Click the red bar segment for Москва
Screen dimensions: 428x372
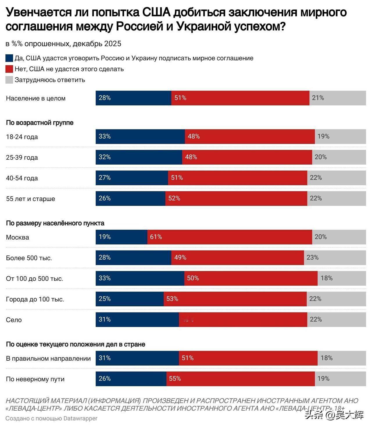pos(230,237)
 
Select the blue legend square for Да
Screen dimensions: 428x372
pos(9,58)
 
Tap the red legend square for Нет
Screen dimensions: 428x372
pos(9,69)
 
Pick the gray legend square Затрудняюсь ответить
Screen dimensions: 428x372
pos(9,80)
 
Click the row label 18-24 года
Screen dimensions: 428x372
pos(22,137)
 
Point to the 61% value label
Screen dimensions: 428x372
pos(156,237)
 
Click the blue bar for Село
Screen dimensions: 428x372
pos(137,319)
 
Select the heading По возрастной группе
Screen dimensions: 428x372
pos(40,123)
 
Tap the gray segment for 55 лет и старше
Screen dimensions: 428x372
pos(337,198)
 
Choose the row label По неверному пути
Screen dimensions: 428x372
pos(35,379)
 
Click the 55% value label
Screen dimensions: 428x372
pos(175,379)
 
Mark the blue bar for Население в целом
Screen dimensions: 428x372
pos(133,98)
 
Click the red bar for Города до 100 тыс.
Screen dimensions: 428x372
pos(235,299)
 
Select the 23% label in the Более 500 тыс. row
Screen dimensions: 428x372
pos(313,258)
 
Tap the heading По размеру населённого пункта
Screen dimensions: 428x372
pos(55,223)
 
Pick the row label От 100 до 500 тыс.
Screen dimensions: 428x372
pos(35,279)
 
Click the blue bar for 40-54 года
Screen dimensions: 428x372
pos(132,178)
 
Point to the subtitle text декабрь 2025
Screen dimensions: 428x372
pos(97,44)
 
